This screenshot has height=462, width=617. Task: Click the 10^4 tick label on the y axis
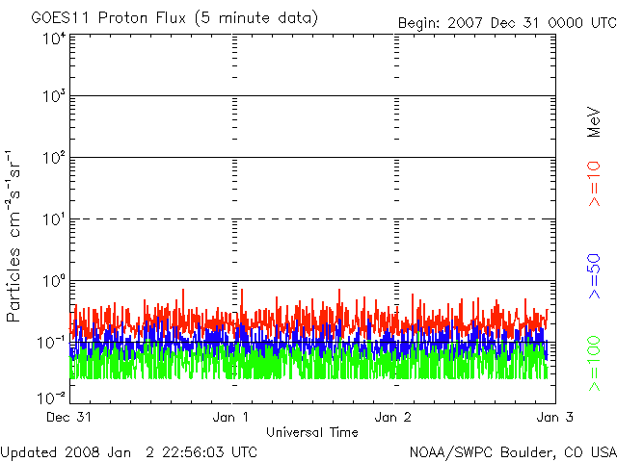[x=53, y=38]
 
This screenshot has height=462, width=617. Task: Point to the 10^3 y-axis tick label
[x=53, y=96]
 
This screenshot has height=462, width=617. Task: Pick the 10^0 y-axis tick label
[x=53, y=280]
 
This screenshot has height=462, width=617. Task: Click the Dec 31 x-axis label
[x=69, y=418]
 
